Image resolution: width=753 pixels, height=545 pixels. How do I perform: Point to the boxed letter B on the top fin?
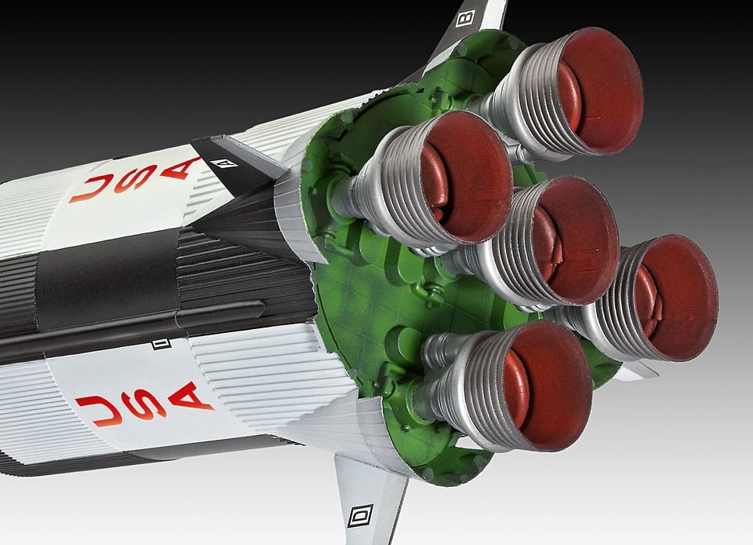pos(464,16)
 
